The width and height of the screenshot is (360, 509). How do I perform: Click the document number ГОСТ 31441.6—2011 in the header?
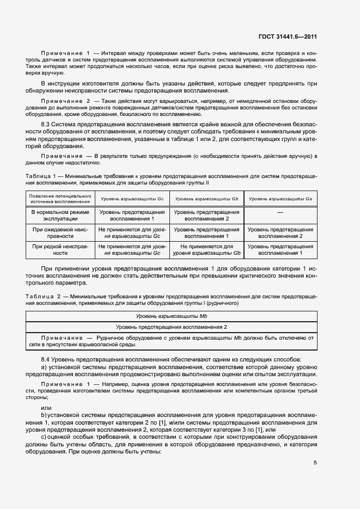coord(288,37)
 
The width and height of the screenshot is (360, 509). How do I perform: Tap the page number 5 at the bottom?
coord(314,463)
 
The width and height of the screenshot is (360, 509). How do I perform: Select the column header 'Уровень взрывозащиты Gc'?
coord(132,199)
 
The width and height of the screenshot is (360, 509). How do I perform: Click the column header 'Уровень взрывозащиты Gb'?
coord(207,199)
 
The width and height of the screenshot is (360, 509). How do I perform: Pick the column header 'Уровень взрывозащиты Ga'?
coord(280,199)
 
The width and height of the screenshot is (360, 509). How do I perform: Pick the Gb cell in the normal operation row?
coord(207,215)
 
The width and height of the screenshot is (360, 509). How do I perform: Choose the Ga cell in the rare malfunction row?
coord(280,250)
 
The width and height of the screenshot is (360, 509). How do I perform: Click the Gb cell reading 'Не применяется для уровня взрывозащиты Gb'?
coord(207,250)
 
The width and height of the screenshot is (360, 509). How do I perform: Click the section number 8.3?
coord(47,125)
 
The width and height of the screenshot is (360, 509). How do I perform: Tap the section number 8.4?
coord(47,360)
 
